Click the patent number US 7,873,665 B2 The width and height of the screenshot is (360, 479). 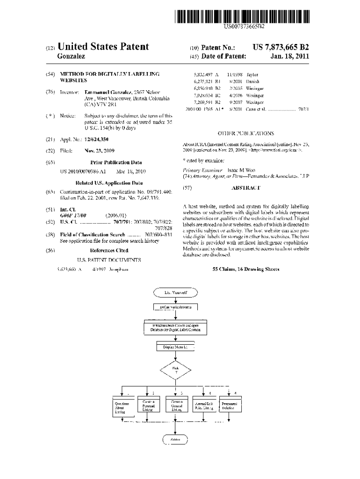click(280, 47)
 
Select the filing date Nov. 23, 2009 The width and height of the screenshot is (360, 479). click(99, 151)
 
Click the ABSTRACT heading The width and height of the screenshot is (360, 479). click(246, 188)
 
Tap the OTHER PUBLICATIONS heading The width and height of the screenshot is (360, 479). click(246, 133)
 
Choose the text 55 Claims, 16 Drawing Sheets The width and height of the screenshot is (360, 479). click(246, 269)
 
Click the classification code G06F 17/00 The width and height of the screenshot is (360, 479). click(73, 215)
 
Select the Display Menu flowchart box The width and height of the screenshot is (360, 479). click(175, 348)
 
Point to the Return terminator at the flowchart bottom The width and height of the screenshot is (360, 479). click(175, 440)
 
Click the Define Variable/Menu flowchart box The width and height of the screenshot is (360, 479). click(175, 307)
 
